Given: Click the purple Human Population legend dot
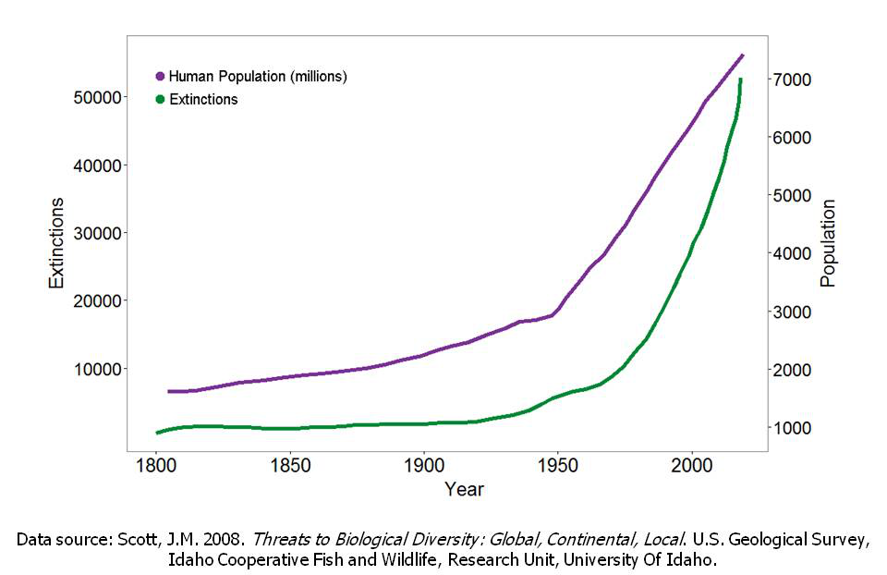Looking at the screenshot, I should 161,77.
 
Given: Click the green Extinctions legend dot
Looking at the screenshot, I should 161,99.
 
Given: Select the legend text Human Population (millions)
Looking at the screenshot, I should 258,77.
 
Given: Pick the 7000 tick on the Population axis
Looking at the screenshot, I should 796,80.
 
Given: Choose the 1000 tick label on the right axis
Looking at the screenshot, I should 796,428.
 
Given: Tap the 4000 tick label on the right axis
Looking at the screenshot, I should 796,253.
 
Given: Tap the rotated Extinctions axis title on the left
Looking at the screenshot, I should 57,242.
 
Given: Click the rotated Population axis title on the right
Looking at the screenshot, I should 828,242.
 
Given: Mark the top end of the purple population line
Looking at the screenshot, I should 742,55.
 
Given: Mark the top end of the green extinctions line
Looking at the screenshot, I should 741,80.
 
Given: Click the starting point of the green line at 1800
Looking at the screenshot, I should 157,433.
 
